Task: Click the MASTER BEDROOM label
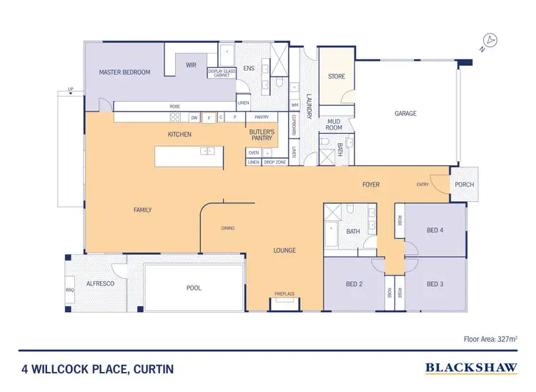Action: pos(124,72)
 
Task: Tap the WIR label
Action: pos(191,64)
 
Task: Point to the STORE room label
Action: pos(336,76)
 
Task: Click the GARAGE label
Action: pos(406,113)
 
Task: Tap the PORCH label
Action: pos(464,185)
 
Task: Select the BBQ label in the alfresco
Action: pos(69,290)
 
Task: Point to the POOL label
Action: pos(194,288)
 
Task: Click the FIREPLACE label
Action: pos(284,294)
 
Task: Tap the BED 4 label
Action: pos(435,230)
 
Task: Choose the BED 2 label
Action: pos(354,284)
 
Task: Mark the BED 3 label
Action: pos(435,284)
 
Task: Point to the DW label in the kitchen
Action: pos(194,117)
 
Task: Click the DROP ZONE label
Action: pos(274,162)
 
